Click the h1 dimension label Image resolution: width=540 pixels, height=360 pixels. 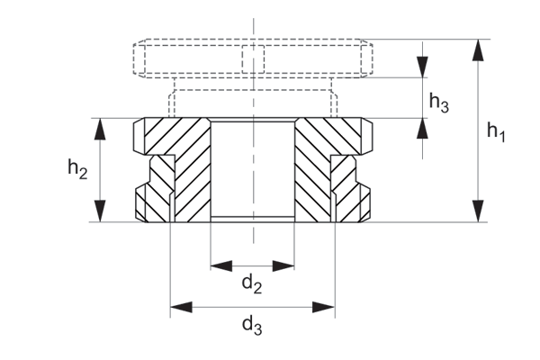click(x=496, y=132)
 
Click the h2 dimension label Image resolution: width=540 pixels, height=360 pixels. click(x=77, y=167)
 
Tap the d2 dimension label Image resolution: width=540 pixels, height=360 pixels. click(x=251, y=285)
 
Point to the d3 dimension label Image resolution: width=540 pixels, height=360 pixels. click(x=252, y=326)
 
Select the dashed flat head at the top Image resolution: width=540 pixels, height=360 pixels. click(x=252, y=58)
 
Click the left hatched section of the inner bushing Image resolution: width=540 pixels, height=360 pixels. click(x=191, y=171)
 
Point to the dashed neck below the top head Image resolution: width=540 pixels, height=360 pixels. click(x=252, y=98)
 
